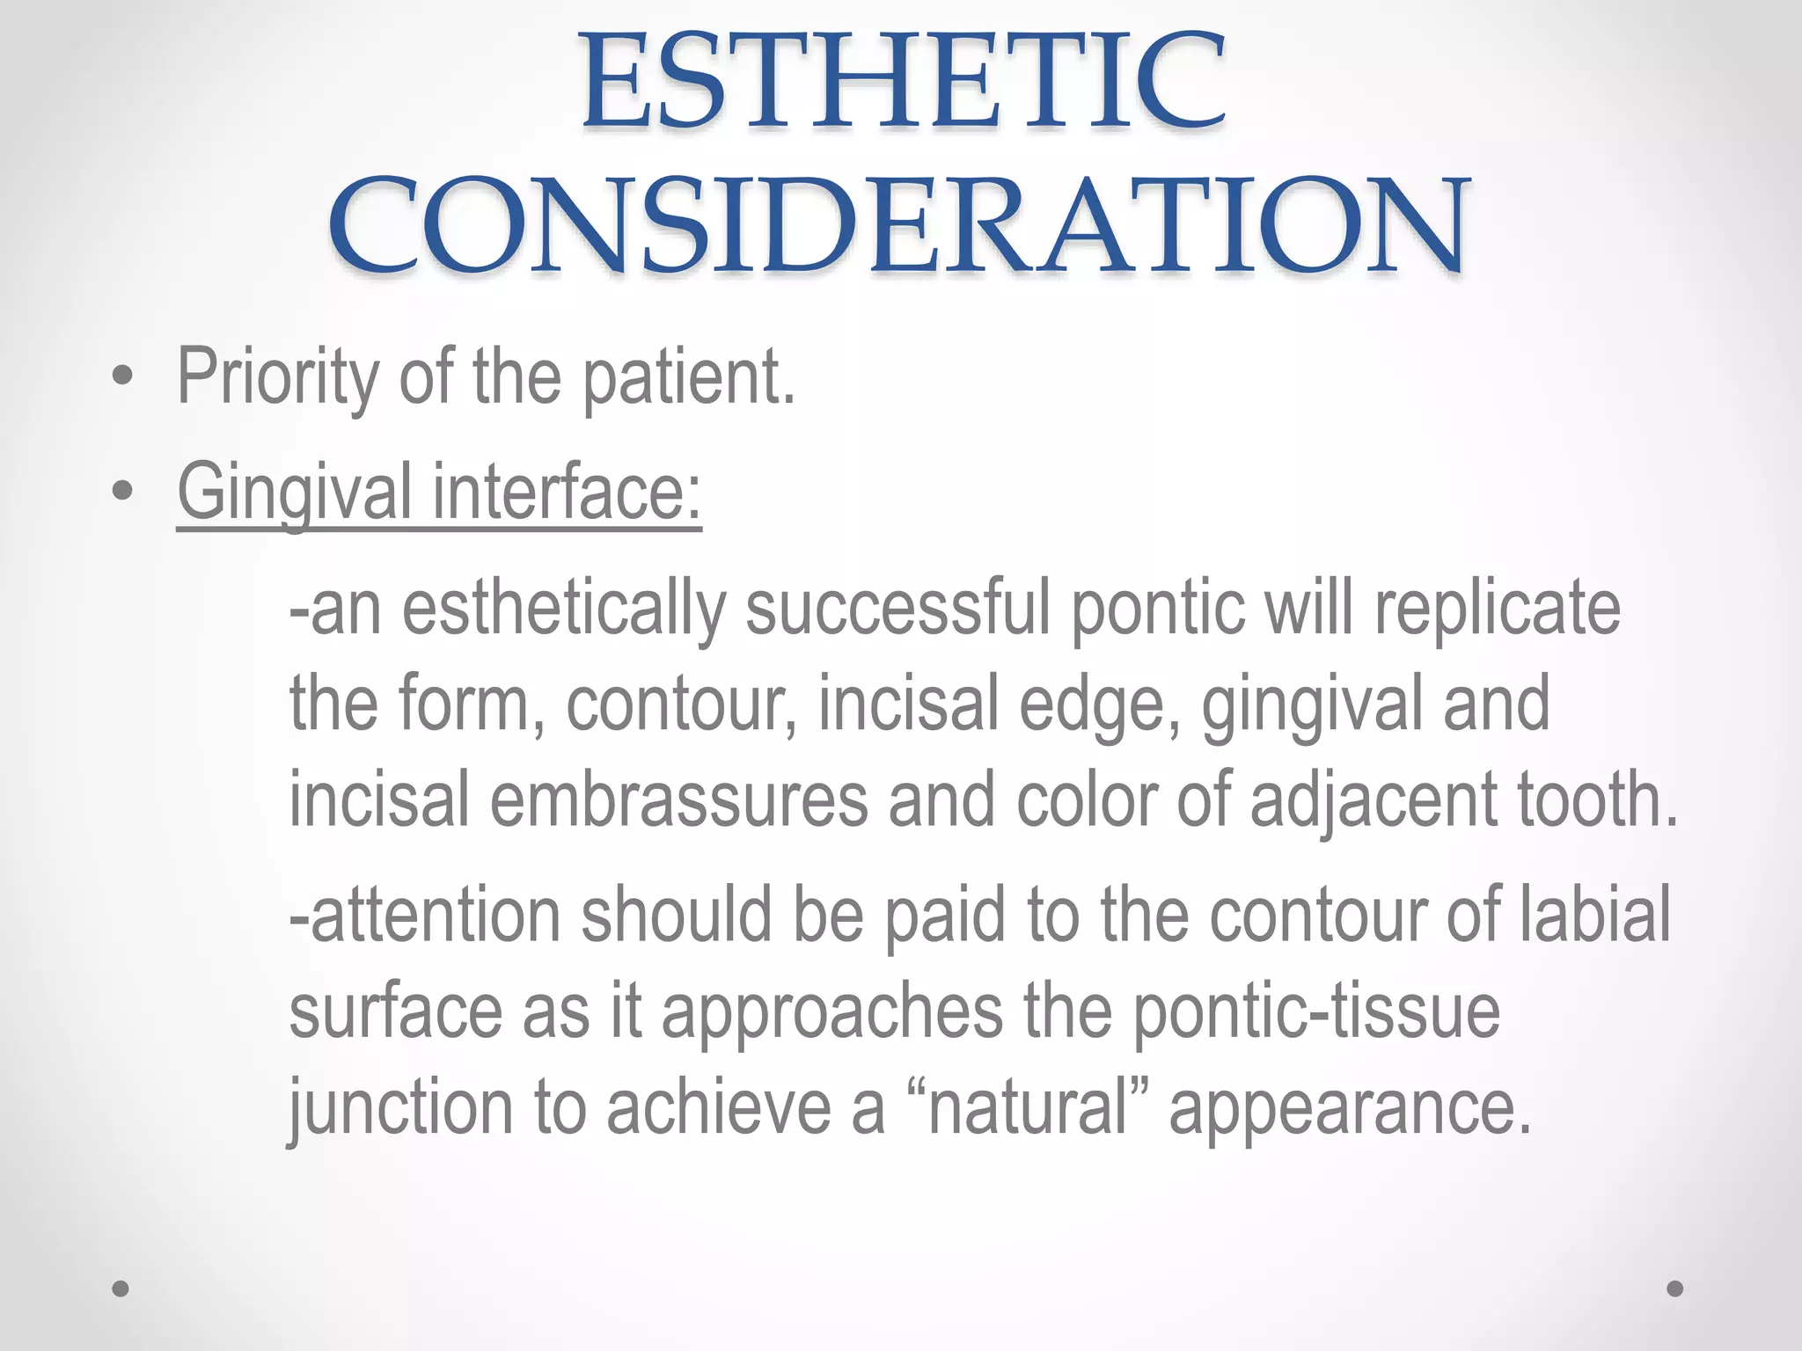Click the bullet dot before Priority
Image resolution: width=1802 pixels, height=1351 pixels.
pyautogui.click(x=123, y=377)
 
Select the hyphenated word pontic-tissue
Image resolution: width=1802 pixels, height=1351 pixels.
pyautogui.click(x=1316, y=1011)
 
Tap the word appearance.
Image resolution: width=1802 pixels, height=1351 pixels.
pyautogui.click(x=1351, y=1108)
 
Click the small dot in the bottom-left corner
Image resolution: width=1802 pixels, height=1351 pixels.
pyautogui.click(x=121, y=1289)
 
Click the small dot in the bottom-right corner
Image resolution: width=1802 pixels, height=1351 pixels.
pyautogui.click(x=1675, y=1289)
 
